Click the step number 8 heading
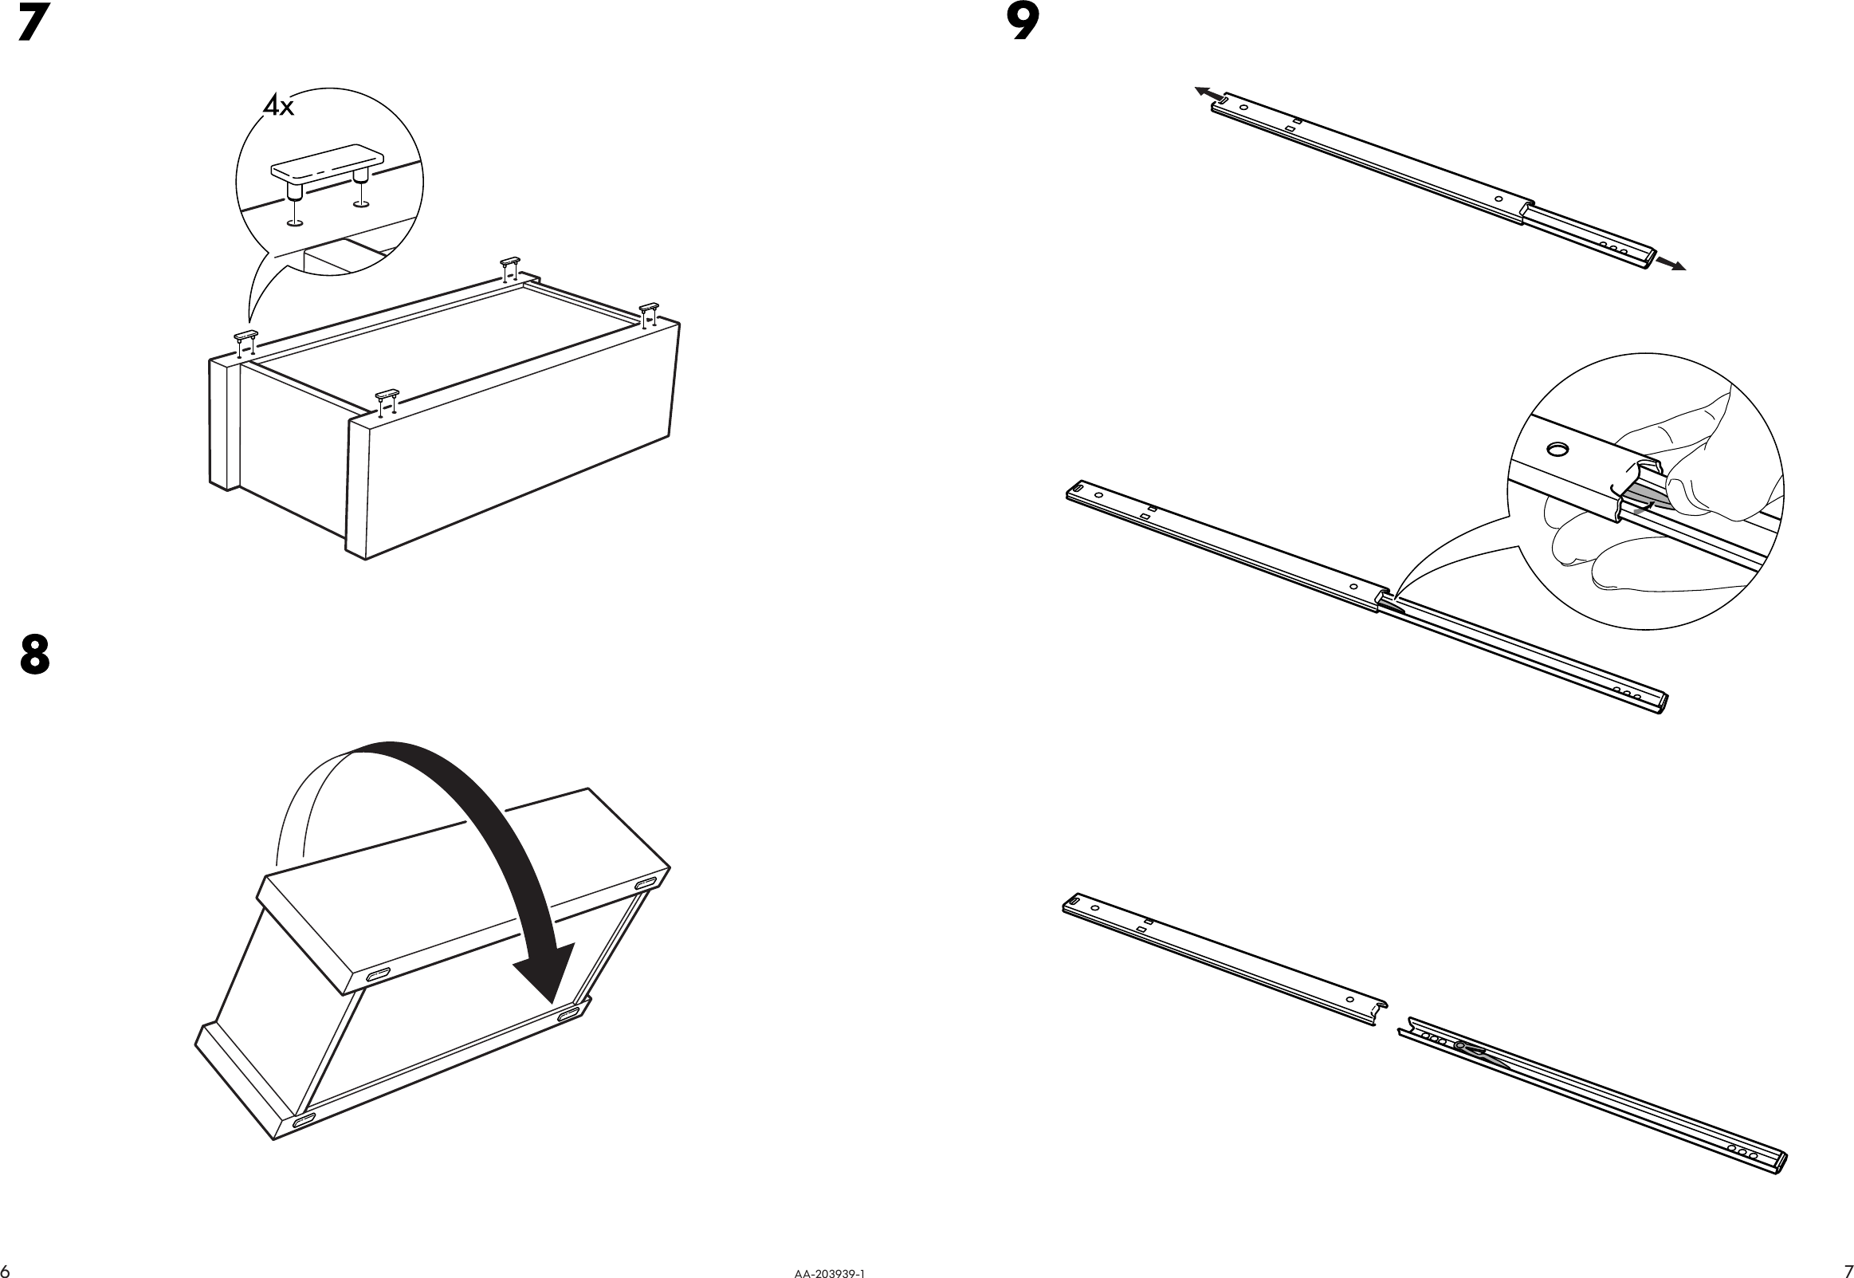click(x=34, y=655)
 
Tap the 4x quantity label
click(x=279, y=106)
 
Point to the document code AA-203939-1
click(x=830, y=1272)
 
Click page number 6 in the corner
click(x=6, y=1271)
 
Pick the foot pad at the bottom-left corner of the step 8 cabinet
click(x=305, y=1123)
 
